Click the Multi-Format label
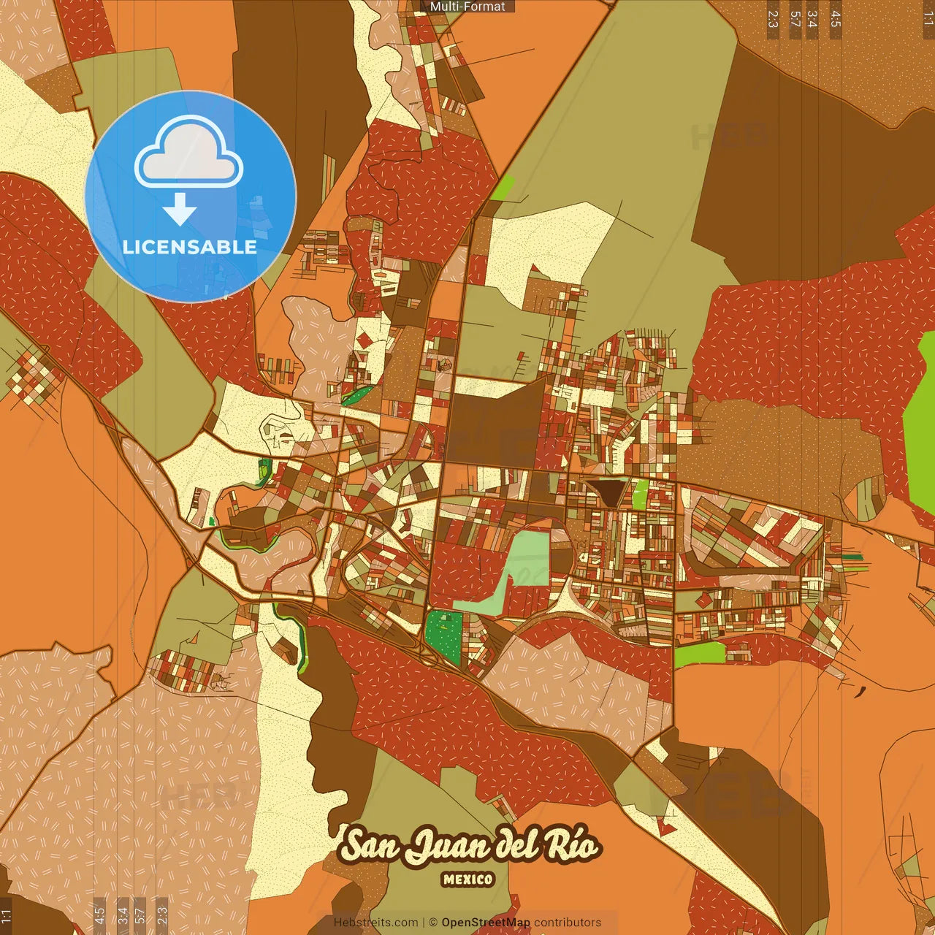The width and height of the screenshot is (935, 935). coord(467,7)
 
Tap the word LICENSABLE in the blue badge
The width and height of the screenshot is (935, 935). coord(190,247)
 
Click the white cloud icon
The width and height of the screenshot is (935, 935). coord(189,153)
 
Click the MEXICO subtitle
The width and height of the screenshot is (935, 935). coord(467,879)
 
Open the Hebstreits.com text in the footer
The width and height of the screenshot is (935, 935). coord(375,923)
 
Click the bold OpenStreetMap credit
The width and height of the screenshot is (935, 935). coord(486,923)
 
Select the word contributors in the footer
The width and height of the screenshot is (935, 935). coord(568,923)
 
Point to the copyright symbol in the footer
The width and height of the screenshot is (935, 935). coord(433,923)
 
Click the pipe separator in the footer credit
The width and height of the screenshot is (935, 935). coord(424,923)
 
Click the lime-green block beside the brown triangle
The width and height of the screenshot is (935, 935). coord(640,494)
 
